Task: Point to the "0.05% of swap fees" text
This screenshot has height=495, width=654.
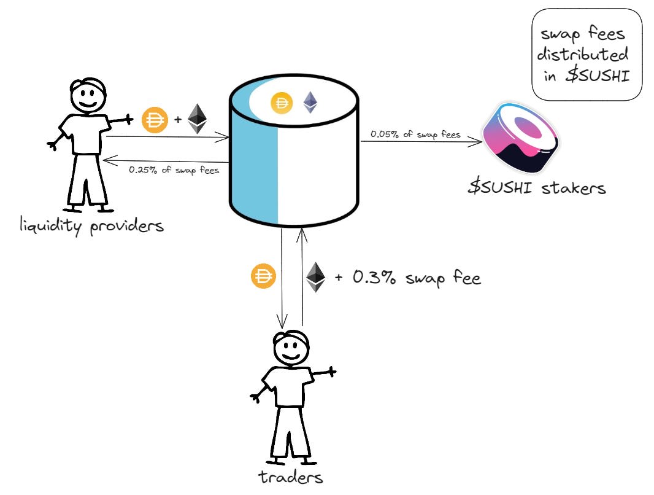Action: click(x=415, y=134)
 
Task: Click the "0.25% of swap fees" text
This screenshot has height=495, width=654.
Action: click(x=174, y=170)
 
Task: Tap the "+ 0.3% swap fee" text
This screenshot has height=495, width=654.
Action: click(x=407, y=278)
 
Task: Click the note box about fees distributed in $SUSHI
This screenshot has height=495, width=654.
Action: click(x=587, y=55)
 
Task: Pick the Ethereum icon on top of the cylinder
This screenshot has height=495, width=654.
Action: click(x=312, y=103)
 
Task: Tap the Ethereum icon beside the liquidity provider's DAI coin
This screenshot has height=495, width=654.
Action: click(x=197, y=119)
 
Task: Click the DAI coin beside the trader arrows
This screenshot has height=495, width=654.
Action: click(x=262, y=278)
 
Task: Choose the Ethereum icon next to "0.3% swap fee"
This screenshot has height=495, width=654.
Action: click(x=315, y=277)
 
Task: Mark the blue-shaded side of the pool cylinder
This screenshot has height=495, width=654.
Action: click(x=253, y=166)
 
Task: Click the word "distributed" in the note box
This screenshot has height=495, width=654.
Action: click(x=583, y=55)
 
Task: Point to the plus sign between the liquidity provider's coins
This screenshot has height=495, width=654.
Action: click(x=177, y=120)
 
